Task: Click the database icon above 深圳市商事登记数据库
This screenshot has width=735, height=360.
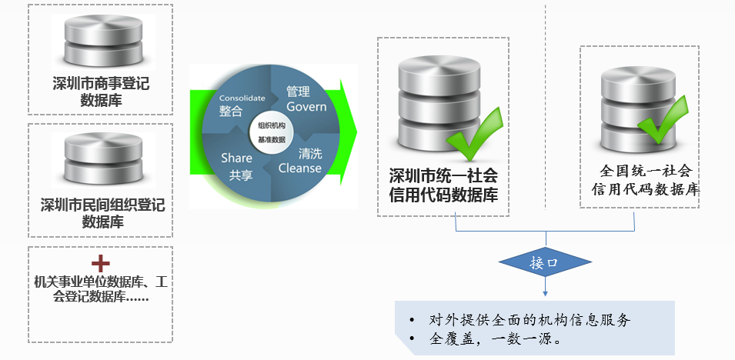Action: (99, 39)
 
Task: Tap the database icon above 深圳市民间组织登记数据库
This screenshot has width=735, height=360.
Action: (99, 161)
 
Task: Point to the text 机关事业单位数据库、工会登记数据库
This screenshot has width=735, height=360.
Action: (100, 289)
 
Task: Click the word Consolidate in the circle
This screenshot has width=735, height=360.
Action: (242, 98)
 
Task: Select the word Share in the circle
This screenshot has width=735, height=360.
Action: (236, 158)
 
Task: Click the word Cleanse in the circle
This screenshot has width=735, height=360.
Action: (299, 168)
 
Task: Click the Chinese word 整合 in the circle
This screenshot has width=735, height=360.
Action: (230, 112)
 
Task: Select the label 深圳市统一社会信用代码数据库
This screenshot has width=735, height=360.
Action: (443, 185)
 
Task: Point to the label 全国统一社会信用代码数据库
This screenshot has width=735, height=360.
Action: (644, 180)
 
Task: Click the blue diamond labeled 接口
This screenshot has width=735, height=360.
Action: (544, 263)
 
